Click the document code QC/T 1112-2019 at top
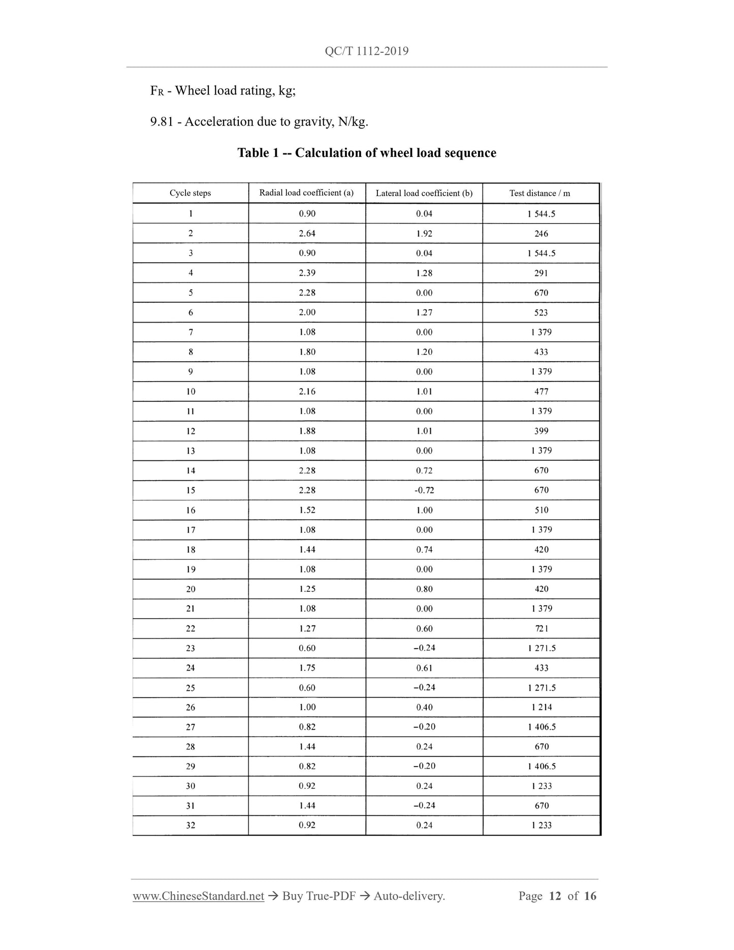(x=366, y=51)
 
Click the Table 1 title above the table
(x=367, y=153)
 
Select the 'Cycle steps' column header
(x=190, y=193)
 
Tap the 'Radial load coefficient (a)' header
(x=306, y=193)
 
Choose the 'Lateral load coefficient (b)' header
(x=424, y=193)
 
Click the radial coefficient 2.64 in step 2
(x=307, y=233)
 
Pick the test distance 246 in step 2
(x=541, y=234)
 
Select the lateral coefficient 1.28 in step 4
(x=424, y=273)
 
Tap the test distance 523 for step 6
(x=541, y=312)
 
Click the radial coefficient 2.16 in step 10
(x=307, y=391)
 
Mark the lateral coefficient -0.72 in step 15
(x=424, y=490)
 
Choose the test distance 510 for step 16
(x=541, y=510)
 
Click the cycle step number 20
(x=190, y=589)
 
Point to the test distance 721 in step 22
(x=541, y=628)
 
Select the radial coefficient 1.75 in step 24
(x=307, y=668)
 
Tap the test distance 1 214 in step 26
(x=541, y=707)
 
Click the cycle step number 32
(x=190, y=826)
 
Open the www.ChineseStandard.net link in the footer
(x=198, y=896)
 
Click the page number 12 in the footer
(x=555, y=896)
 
